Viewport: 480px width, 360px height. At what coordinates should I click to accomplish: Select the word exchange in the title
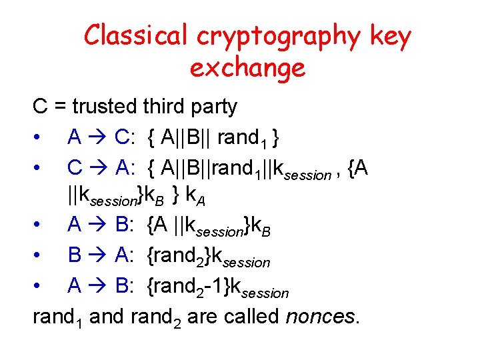[247, 69]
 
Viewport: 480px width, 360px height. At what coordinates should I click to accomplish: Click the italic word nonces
[322, 317]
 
